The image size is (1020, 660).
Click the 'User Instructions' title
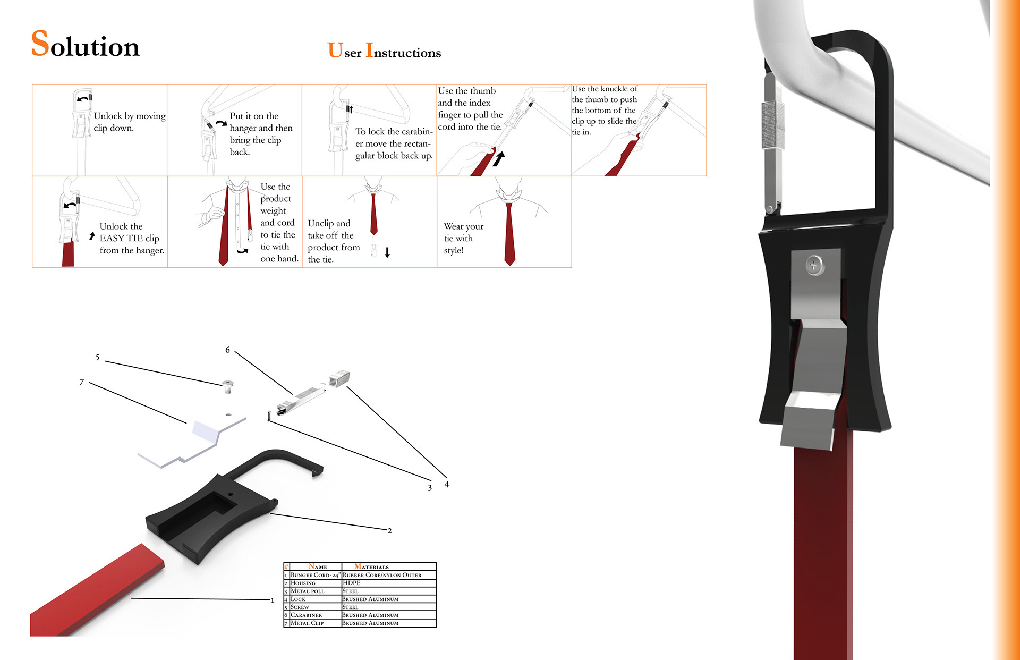pyautogui.click(x=384, y=50)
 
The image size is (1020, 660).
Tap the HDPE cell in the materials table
pyautogui.click(x=351, y=583)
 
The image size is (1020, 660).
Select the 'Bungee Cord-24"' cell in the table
pyautogui.click(x=315, y=575)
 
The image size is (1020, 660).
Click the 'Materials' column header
pyautogui.click(x=371, y=566)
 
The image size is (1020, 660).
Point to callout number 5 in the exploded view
pyautogui.click(x=98, y=357)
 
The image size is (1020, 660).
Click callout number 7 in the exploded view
pyautogui.click(x=82, y=382)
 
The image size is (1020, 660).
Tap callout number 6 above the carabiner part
pyautogui.click(x=227, y=350)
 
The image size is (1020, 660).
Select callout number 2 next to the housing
pyautogui.click(x=390, y=530)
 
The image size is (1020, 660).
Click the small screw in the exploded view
pyautogui.click(x=228, y=386)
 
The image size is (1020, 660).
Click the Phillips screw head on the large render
pyautogui.click(x=814, y=264)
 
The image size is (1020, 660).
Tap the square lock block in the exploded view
pyautogui.click(x=339, y=378)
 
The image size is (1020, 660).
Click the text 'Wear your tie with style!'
pyautogui.click(x=464, y=238)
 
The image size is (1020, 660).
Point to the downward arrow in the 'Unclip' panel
pyautogui.click(x=387, y=252)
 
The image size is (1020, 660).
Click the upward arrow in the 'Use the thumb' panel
pyautogui.click(x=498, y=158)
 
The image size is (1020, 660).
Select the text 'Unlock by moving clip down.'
pyautogui.click(x=130, y=122)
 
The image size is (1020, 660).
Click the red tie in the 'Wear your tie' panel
pyautogui.click(x=509, y=234)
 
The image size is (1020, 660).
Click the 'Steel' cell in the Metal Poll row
pyautogui.click(x=350, y=591)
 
